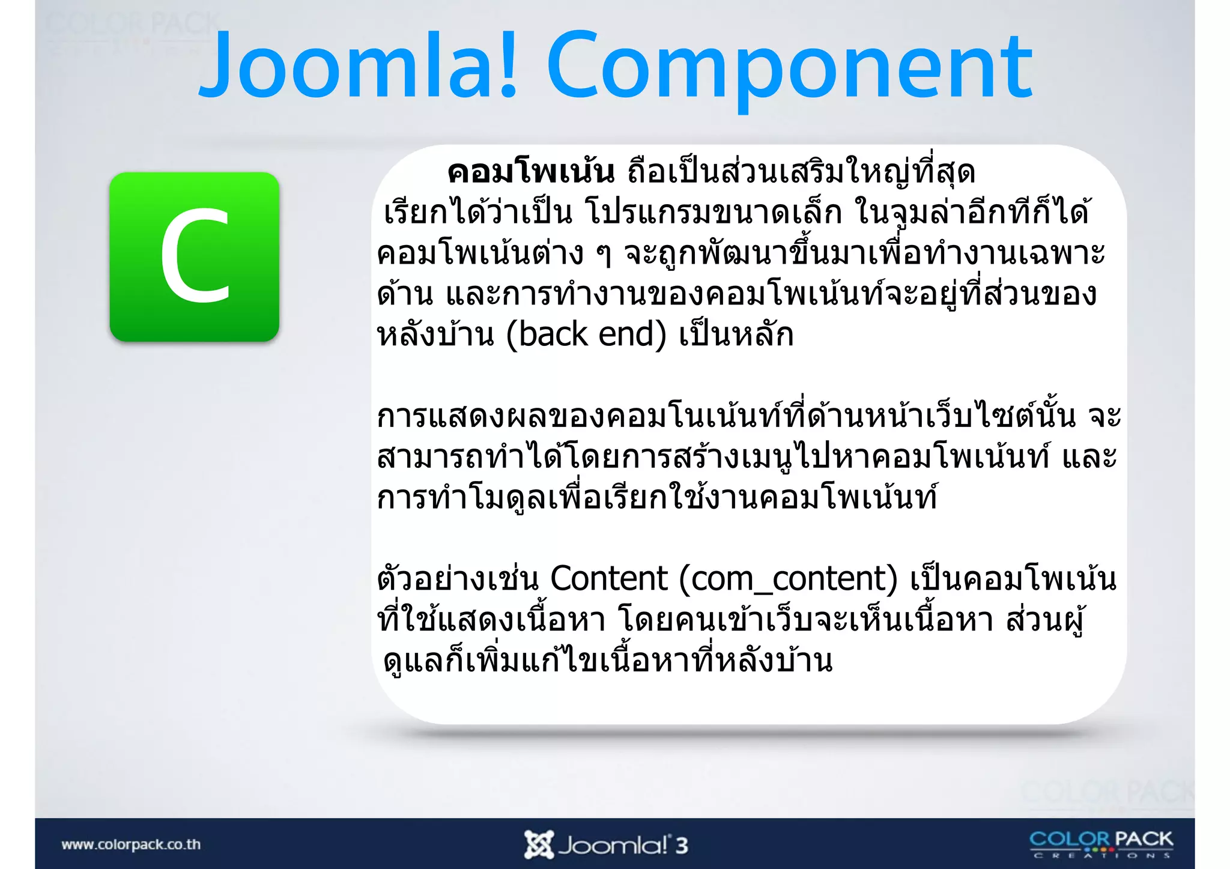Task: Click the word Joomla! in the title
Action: [x=357, y=66]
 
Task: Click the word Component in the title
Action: [x=790, y=69]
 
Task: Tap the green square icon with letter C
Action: [x=194, y=257]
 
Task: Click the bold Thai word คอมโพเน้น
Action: [x=531, y=172]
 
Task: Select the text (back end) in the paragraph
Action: [x=586, y=335]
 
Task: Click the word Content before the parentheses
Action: [x=608, y=578]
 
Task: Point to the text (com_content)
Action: [x=788, y=579]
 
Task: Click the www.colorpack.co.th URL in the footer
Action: [x=131, y=844]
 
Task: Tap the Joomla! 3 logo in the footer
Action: [x=607, y=845]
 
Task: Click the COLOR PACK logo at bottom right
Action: [x=1101, y=843]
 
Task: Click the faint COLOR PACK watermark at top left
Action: [x=132, y=27]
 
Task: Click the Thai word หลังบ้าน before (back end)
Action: [x=435, y=335]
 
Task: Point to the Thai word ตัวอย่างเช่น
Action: [x=458, y=579]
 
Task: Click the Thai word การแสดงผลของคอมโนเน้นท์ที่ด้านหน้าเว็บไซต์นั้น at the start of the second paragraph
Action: [x=727, y=416]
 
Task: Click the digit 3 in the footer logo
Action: [x=681, y=846]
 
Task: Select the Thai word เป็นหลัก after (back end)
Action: [x=736, y=335]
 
